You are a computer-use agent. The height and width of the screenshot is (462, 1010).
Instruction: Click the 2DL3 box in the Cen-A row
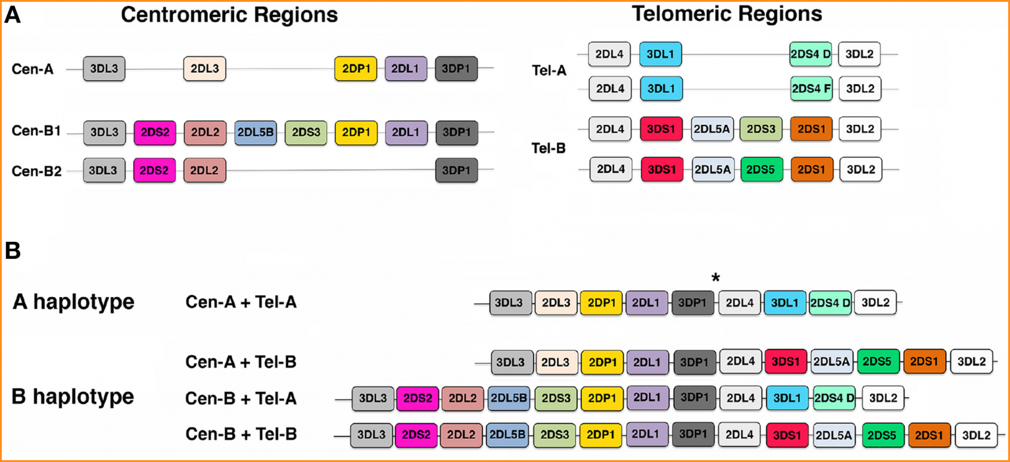click(204, 68)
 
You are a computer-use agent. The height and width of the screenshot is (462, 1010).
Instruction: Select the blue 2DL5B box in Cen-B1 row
click(255, 132)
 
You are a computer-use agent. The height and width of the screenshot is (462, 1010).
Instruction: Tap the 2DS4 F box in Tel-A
click(811, 88)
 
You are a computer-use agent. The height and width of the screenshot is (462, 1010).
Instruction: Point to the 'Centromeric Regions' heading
click(229, 15)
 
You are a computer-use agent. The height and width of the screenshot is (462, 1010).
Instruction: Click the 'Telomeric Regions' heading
click(727, 14)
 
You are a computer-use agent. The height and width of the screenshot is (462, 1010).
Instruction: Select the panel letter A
click(12, 16)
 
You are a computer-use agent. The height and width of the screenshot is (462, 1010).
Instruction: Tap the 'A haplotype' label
click(73, 302)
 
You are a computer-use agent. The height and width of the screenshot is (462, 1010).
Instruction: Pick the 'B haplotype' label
click(73, 397)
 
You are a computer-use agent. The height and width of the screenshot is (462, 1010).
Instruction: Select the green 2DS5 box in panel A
click(761, 169)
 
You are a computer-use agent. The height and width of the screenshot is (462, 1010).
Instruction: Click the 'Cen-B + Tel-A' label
click(241, 398)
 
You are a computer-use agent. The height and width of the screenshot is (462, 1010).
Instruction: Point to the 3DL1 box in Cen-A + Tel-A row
click(785, 302)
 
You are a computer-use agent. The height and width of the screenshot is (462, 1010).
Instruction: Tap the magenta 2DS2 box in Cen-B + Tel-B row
click(416, 434)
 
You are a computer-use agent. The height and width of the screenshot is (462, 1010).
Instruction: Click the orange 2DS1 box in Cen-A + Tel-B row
click(924, 361)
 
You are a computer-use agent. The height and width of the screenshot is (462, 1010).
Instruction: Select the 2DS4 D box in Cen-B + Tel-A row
click(834, 398)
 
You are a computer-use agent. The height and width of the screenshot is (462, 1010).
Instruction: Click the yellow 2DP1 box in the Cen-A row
click(355, 68)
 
